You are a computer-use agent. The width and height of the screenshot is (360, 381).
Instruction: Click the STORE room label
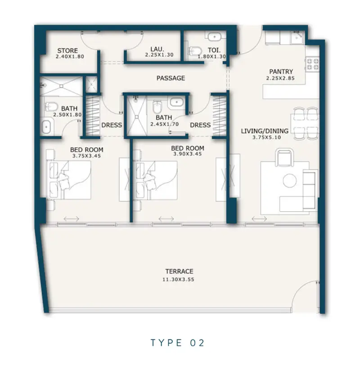67,50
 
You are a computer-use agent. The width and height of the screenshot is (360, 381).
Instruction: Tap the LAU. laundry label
157,50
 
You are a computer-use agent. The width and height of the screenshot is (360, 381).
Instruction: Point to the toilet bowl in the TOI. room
195,51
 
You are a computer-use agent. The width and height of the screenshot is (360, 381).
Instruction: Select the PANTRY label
281,72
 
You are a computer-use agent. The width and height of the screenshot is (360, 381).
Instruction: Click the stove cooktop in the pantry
312,64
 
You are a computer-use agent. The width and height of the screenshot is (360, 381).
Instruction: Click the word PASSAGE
171,78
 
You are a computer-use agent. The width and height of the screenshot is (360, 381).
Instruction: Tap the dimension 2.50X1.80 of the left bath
67,115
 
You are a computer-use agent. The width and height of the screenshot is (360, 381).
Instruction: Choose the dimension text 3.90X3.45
187,154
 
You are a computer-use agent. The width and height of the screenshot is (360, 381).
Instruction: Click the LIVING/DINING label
265,131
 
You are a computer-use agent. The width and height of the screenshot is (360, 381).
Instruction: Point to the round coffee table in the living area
290,181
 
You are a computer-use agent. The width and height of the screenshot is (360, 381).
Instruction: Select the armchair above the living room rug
284,158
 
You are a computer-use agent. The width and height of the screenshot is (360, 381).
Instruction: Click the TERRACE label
179,271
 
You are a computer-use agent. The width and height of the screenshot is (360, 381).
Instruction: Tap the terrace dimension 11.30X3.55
178,279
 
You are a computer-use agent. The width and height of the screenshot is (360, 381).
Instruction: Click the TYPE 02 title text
177,343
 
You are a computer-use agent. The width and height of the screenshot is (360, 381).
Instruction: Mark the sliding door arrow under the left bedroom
72,219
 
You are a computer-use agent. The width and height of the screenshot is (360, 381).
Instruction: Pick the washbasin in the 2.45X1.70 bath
176,102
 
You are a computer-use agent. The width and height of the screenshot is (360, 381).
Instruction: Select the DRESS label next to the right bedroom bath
200,125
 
